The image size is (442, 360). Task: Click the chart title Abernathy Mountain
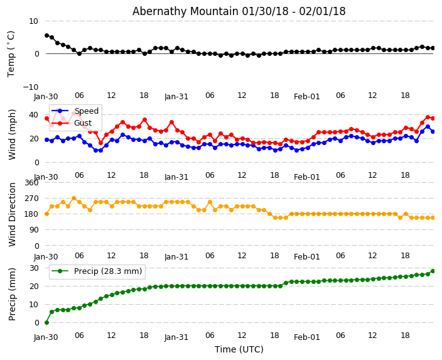[239, 11]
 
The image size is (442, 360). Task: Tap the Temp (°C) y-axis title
[11, 53]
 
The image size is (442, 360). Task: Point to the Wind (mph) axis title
[13, 134]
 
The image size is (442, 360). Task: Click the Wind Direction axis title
[13, 214]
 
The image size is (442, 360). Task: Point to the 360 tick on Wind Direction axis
[31, 182]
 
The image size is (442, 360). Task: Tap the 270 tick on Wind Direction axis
[31, 199]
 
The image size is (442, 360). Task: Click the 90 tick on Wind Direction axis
[33, 230]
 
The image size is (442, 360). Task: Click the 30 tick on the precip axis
[33, 268]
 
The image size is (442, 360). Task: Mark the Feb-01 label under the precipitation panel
[307, 337]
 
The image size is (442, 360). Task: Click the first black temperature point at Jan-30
[46, 35]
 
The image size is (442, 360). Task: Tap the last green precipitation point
[433, 271]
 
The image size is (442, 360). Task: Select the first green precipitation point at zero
[46, 322]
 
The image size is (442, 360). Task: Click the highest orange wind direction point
[73, 198]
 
